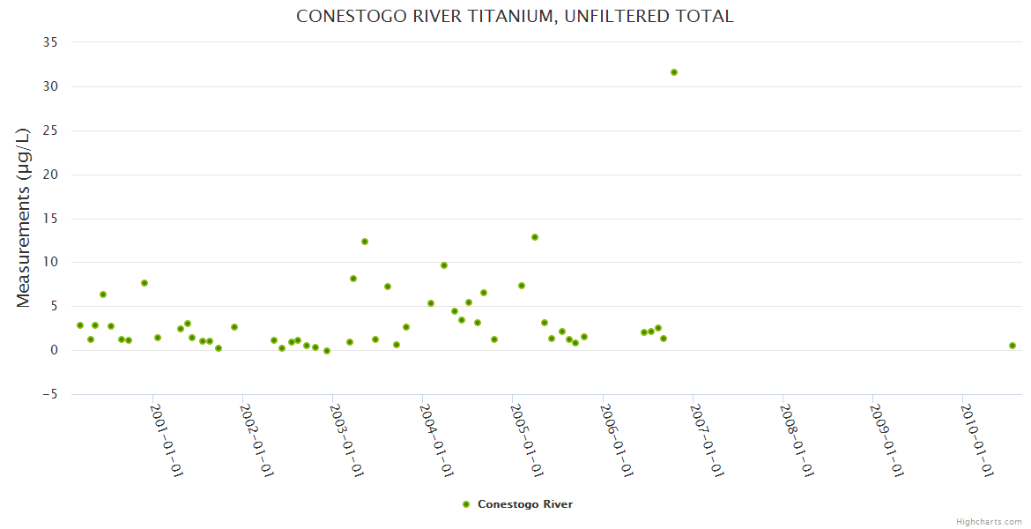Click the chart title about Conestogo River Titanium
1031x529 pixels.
[515, 16]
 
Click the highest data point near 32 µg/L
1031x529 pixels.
[674, 72]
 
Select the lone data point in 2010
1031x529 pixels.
[1012, 346]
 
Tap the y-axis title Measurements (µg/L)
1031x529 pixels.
[24, 218]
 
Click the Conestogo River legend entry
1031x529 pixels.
[525, 504]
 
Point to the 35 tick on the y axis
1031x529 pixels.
[50, 42]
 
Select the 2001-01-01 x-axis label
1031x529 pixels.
[167, 441]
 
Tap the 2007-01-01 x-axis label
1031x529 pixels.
[707, 441]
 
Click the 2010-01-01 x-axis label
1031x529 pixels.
[977, 441]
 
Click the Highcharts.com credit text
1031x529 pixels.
[989, 521]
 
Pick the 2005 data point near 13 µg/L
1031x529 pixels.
[535, 237]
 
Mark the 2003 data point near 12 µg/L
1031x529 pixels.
[365, 242]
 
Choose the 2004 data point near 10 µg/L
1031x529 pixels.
[444, 265]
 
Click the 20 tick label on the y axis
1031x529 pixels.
[50, 175]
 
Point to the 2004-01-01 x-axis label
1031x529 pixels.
[437, 441]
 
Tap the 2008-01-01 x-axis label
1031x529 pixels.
[797, 441]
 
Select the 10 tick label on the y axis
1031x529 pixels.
[50, 262]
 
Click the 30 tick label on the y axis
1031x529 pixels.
[50, 86]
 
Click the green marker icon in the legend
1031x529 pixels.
[466, 504]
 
